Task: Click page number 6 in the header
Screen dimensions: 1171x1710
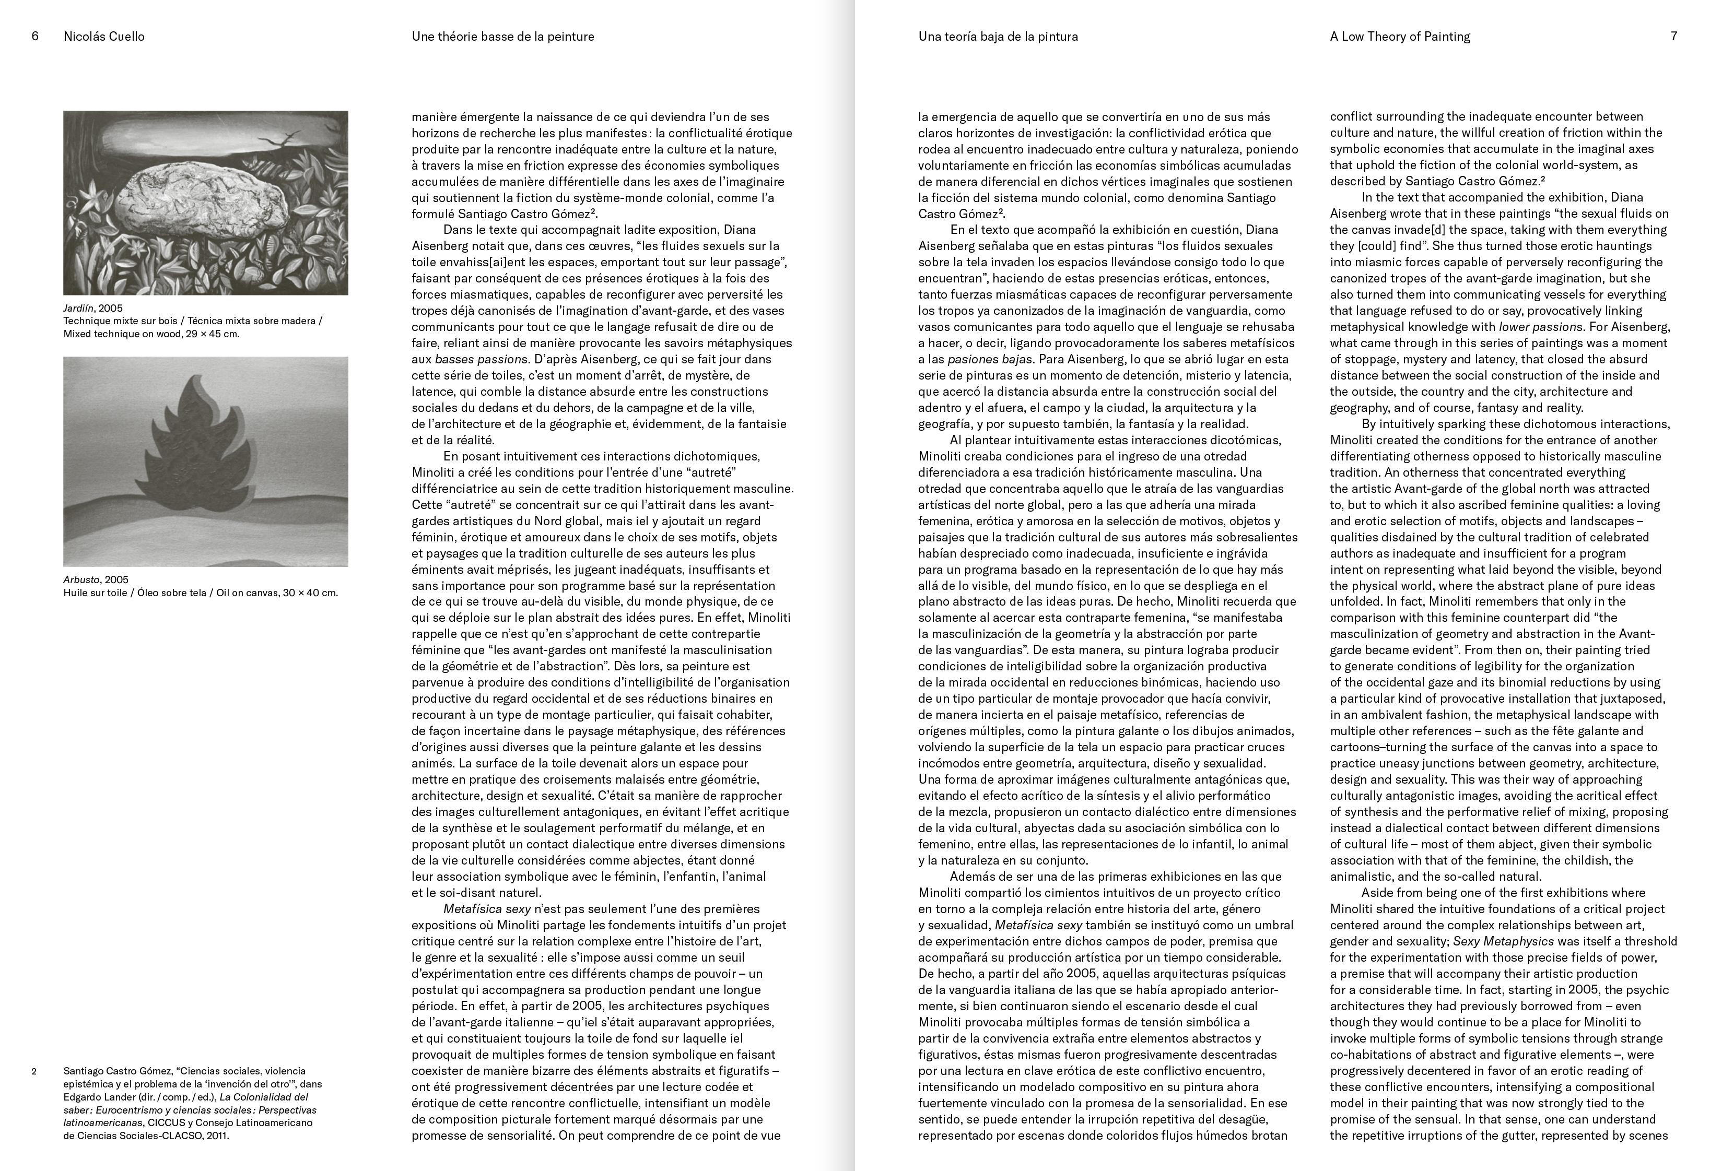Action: (x=36, y=36)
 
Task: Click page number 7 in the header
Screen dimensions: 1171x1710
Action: (x=1674, y=36)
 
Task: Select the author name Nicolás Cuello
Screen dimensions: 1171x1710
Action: (x=104, y=36)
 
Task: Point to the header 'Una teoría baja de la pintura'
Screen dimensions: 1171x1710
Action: (x=998, y=36)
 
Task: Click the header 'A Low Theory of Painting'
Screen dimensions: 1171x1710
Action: (x=1399, y=36)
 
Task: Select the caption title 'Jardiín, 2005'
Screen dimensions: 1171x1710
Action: (x=93, y=308)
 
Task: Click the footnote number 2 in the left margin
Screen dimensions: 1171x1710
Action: (x=34, y=1071)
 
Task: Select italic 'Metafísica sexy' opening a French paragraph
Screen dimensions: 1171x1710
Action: (x=487, y=908)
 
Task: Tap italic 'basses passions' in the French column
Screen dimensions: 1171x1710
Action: (x=481, y=359)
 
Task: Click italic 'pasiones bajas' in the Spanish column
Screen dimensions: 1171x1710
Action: (x=988, y=359)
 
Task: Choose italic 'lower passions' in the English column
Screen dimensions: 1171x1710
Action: (x=1540, y=327)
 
